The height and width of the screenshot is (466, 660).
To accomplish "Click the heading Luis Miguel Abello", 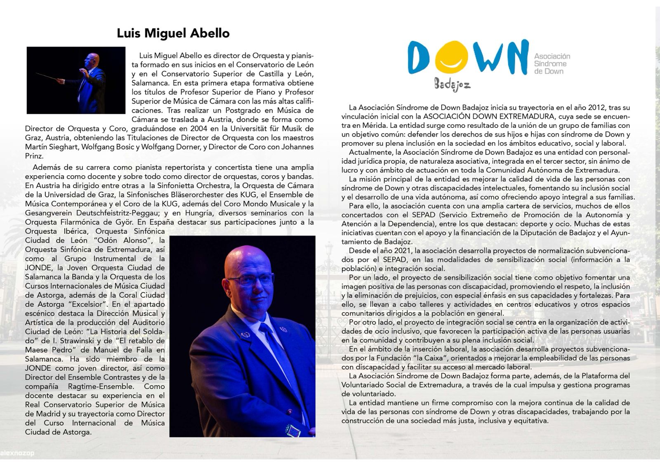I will [173, 33].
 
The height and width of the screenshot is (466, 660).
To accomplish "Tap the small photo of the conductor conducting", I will [76, 80].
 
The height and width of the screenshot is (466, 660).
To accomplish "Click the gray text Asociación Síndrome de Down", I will [552, 64].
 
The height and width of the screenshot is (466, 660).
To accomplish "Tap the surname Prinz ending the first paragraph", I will [34, 156].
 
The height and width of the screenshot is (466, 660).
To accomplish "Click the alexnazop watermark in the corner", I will [17, 453].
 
